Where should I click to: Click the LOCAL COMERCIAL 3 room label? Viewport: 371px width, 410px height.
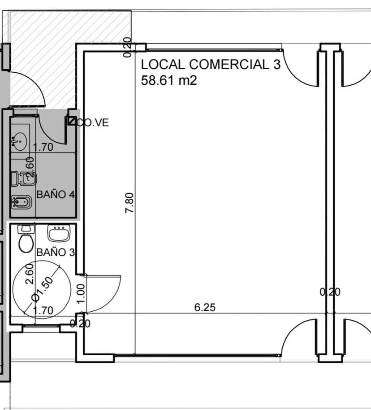tap(210, 64)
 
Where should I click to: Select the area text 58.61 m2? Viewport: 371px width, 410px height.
tap(169, 81)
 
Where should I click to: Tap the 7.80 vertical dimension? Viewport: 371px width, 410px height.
tap(130, 203)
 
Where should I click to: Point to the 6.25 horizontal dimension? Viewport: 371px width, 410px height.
tap(205, 307)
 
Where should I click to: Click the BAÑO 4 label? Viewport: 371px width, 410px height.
tap(55, 195)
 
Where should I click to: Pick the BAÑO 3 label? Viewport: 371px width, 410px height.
tap(55, 252)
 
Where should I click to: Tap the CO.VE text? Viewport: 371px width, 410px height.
tap(93, 122)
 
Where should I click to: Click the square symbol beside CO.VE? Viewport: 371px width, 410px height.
tap(71, 121)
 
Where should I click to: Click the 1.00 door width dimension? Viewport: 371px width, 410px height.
tap(81, 293)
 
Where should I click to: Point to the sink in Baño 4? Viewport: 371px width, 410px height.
tap(19, 141)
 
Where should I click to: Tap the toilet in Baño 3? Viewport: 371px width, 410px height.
tap(26, 240)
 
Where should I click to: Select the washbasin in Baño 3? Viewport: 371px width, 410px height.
tap(59, 233)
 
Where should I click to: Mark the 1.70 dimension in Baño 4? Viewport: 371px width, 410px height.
tap(43, 147)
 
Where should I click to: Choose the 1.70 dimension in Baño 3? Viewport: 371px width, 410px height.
tap(43, 310)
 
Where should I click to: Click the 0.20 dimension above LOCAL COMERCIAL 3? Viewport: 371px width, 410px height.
tap(127, 47)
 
